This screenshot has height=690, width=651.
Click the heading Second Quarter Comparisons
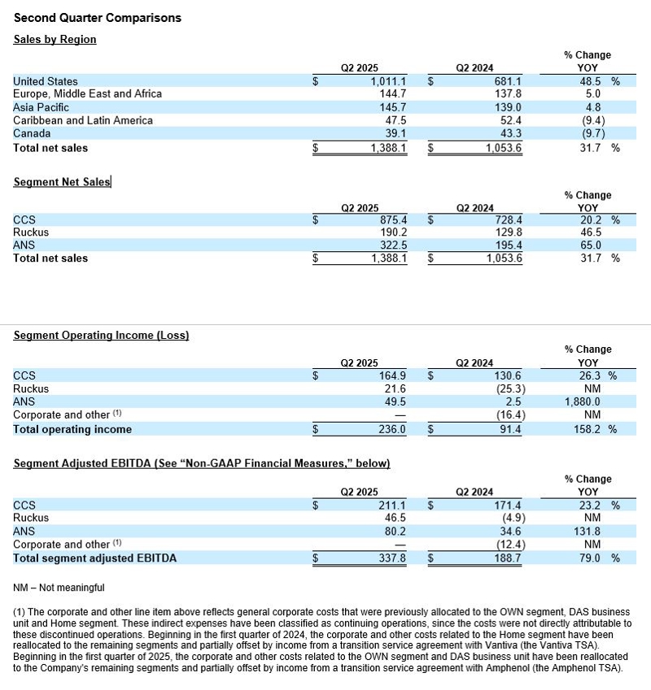(98, 18)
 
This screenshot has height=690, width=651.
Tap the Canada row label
(32, 133)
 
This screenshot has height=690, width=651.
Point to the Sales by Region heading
(55, 39)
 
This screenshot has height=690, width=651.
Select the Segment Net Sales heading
(62, 182)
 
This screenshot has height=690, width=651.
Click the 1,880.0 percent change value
(583, 401)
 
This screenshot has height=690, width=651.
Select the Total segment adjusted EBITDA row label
(95, 558)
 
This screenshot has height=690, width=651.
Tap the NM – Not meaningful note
(59, 587)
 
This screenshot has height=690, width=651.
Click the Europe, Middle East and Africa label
(88, 94)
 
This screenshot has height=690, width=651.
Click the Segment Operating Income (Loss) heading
(102, 335)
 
